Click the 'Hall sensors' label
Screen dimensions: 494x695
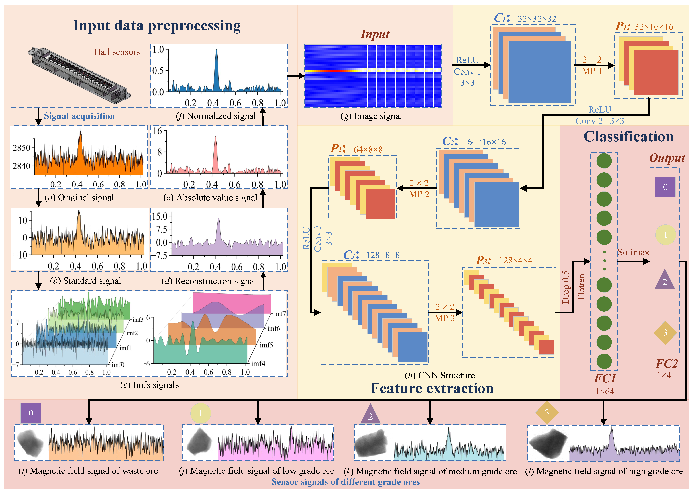117,52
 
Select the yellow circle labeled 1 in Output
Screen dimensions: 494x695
665,235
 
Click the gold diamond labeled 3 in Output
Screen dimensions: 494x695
665,333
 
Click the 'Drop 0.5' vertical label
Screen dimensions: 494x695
566,288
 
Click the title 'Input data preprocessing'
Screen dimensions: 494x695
157,26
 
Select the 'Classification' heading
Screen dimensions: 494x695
628,137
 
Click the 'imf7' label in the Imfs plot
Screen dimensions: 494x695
280,314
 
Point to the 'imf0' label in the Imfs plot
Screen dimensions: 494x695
118,365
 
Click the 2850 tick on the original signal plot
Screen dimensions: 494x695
22,148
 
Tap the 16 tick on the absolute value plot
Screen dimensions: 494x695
158,131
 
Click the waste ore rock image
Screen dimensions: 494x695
31,443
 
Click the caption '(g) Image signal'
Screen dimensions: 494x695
371,116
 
